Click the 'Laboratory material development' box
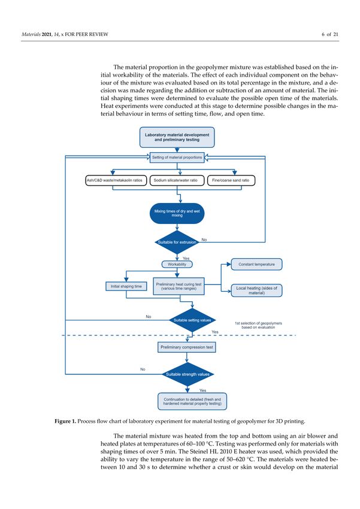[177, 137]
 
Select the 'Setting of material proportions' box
[177, 157]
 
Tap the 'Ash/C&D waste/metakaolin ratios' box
[116, 180]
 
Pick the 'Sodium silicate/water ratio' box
[177, 180]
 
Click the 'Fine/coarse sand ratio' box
[231, 180]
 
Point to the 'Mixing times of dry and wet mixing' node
[177, 213]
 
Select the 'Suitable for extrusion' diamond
[177, 242]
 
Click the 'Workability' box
[177, 264]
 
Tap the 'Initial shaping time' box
[126, 286]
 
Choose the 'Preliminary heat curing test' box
[179, 286]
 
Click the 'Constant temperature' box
[256, 264]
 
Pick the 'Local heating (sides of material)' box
[256, 290]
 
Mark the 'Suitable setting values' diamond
[192, 320]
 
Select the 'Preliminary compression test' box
[187, 347]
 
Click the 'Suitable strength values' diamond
[187, 374]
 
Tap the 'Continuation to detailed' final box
[192, 402]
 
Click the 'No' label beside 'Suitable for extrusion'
[204, 240]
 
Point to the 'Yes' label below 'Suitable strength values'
[203, 390]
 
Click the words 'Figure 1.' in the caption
[65, 422]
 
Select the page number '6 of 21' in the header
[330, 34]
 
